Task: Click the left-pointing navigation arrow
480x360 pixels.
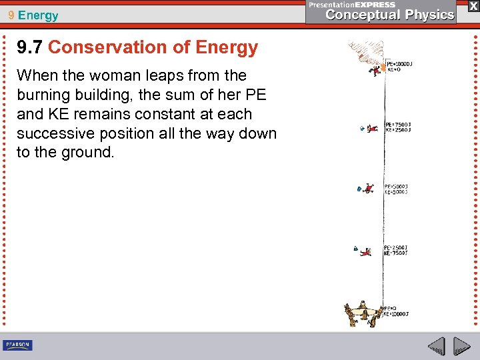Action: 437,347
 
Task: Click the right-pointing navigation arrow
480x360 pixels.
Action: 462,347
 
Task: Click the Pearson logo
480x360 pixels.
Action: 17,345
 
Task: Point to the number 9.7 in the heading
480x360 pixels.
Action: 30,47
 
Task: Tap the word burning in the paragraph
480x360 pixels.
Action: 45,95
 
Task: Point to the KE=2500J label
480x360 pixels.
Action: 397,130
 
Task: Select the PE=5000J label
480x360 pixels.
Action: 397,187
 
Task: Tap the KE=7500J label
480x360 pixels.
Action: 396,253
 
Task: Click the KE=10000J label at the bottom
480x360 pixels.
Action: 397,313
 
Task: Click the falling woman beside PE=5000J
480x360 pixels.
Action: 368,188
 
